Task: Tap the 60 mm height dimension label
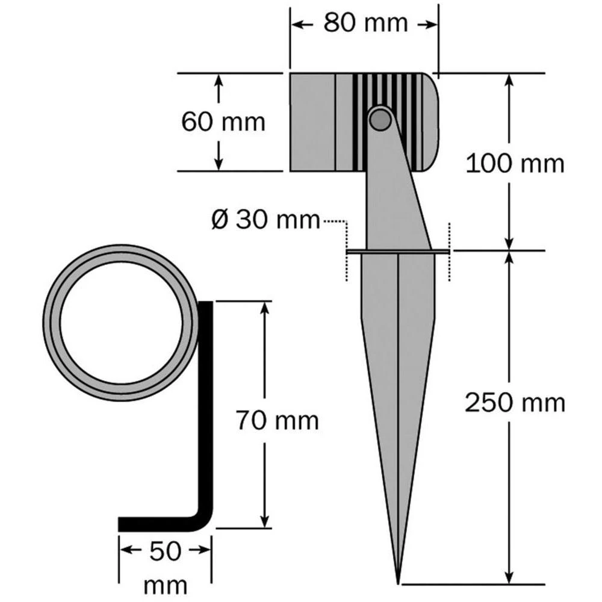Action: [x=223, y=122]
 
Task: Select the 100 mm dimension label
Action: [x=515, y=163]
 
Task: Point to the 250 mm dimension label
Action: [x=515, y=403]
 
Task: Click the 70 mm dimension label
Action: [x=276, y=420]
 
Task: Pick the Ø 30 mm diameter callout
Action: [x=265, y=220]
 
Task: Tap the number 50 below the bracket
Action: [x=165, y=551]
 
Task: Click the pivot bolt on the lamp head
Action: [x=379, y=119]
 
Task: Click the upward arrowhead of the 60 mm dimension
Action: [x=219, y=79]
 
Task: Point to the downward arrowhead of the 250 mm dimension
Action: [x=510, y=577]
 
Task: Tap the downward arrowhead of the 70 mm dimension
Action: [x=264, y=521]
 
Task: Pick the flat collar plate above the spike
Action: [x=398, y=252]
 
